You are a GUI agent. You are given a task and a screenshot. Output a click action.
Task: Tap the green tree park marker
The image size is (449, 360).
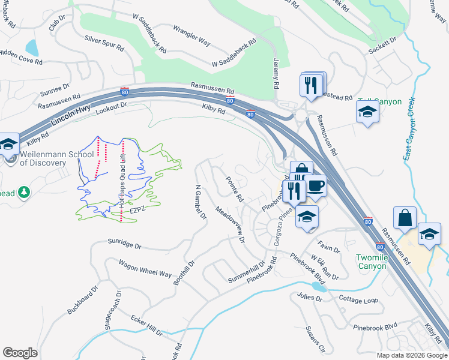[24, 193]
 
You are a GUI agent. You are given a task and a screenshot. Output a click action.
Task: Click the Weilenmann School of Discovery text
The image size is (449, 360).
[51, 158]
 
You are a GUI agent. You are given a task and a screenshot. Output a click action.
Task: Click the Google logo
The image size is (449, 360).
[20, 353]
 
